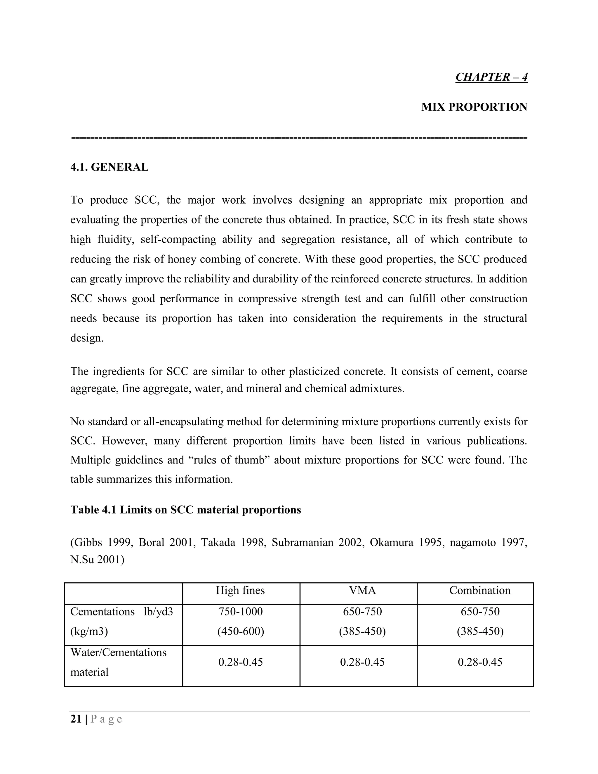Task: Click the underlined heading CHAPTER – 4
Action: coord(491,77)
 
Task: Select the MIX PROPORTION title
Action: coord(474,107)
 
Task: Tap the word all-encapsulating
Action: coord(183,421)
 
